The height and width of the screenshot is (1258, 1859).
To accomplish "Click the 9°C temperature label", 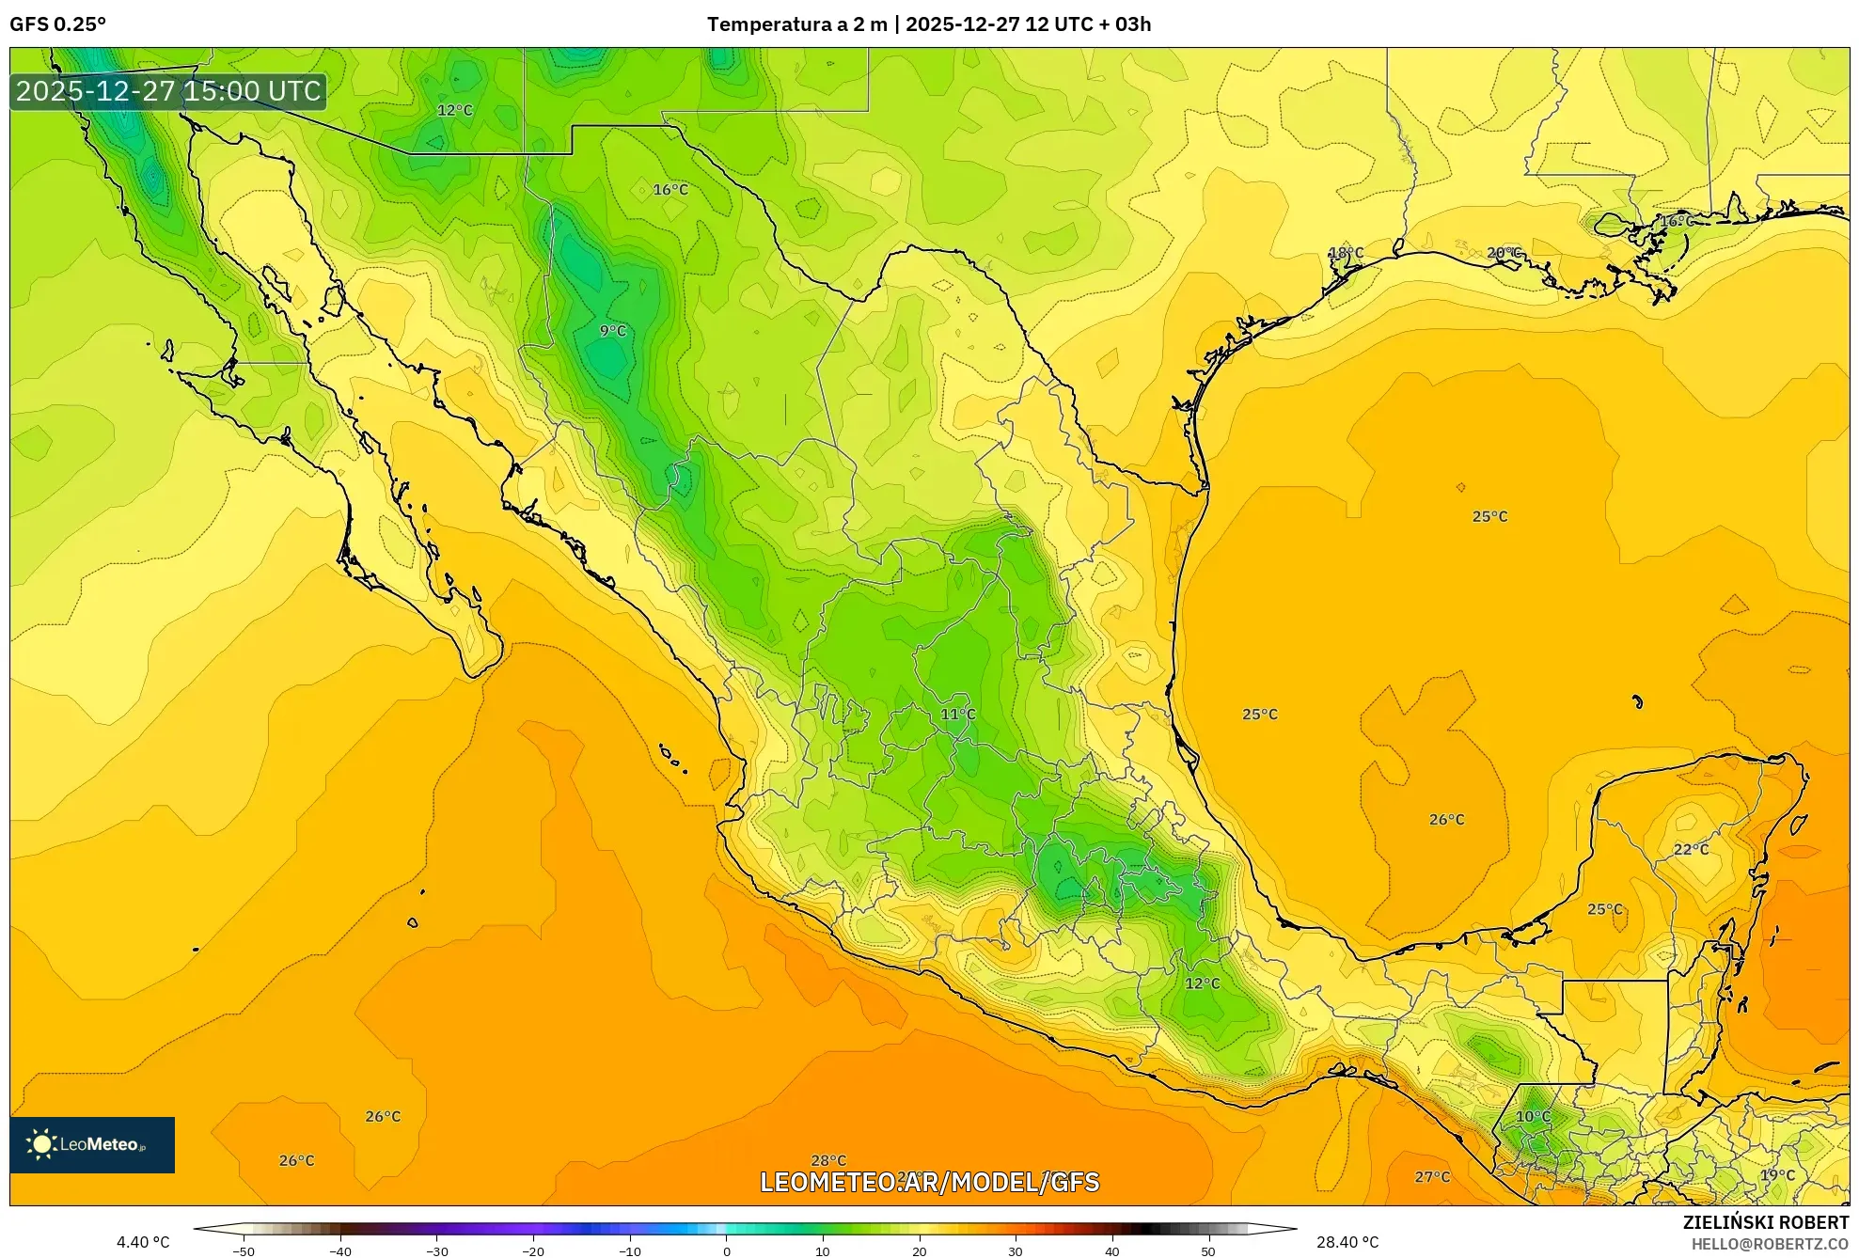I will tap(612, 331).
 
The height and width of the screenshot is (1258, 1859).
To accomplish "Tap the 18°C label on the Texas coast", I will tap(1346, 253).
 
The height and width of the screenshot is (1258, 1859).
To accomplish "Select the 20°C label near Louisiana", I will tap(1504, 253).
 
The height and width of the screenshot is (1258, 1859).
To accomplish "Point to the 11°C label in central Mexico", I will tap(958, 715).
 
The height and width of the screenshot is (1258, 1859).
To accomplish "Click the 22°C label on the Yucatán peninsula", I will tap(1691, 850).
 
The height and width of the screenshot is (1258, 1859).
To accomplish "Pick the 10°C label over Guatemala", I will tap(1533, 1117).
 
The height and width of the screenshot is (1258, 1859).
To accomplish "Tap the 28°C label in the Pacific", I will tap(828, 1161).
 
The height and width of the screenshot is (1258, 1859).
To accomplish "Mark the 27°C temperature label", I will tap(1432, 1177).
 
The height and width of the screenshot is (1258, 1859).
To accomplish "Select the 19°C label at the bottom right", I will tap(1777, 1175).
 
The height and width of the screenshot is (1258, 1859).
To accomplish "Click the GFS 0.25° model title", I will tap(58, 24).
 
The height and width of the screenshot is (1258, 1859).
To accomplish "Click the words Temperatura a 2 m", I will tap(796, 24).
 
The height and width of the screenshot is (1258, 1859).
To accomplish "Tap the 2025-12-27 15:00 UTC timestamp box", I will tap(169, 91).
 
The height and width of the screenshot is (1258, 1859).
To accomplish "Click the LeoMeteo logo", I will tap(92, 1144).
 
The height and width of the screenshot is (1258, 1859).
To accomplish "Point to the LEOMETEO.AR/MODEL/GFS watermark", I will tap(929, 1182).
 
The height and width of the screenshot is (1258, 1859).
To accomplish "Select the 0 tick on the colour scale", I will tap(726, 1251).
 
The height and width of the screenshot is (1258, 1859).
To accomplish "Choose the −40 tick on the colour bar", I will tap(340, 1251).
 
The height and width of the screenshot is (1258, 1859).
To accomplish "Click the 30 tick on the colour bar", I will tap(1016, 1251).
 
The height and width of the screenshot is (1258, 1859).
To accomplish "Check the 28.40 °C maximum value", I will tap(1347, 1243).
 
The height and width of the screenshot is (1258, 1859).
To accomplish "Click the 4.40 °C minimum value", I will tap(143, 1243).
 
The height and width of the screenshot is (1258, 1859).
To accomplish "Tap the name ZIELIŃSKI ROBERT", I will tap(1765, 1222).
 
